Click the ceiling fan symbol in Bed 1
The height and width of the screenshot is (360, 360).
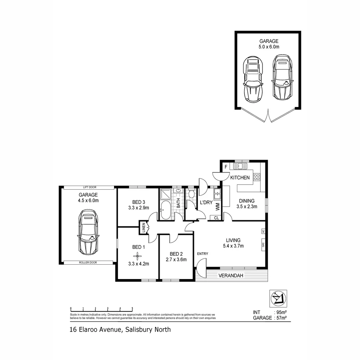tap(137, 256)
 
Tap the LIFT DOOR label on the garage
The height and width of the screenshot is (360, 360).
tap(88, 188)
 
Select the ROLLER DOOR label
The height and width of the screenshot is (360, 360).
tap(88, 263)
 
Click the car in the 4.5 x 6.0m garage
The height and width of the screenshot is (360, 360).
tap(88, 232)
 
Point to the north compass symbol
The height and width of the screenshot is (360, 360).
tap(278, 298)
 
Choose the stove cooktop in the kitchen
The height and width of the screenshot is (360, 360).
tap(257, 177)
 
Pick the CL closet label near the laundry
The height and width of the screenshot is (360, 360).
tap(216, 218)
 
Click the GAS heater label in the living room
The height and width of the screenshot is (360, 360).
tap(263, 245)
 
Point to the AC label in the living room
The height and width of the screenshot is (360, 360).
tap(263, 231)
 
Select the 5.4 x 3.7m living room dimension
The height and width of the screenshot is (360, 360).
tap(233, 246)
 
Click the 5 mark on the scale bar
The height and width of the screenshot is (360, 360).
tap(132, 308)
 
